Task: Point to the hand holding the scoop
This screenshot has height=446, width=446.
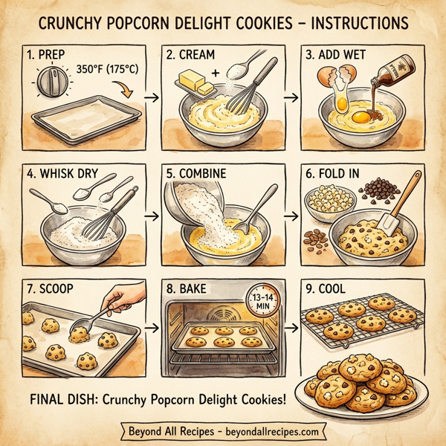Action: (x=121, y=301)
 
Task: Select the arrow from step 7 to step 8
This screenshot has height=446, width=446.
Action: (x=152, y=327)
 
